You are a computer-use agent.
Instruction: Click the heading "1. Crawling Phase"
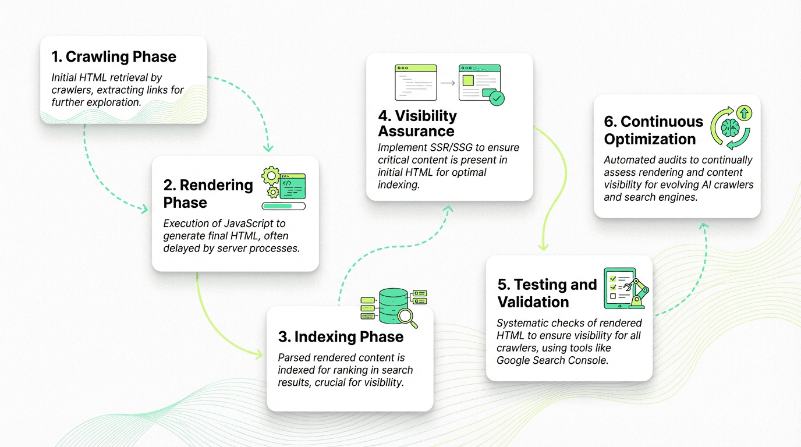click(114, 56)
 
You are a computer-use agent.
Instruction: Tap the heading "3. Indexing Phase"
click(341, 337)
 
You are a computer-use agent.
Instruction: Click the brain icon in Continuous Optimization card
click(729, 128)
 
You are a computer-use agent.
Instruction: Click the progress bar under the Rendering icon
click(283, 205)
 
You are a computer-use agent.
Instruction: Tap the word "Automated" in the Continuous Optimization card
click(628, 160)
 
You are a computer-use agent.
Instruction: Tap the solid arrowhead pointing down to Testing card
click(543, 247)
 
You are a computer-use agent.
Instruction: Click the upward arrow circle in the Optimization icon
click(745, 113)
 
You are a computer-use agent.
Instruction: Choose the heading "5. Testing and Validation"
click(547, 293)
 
